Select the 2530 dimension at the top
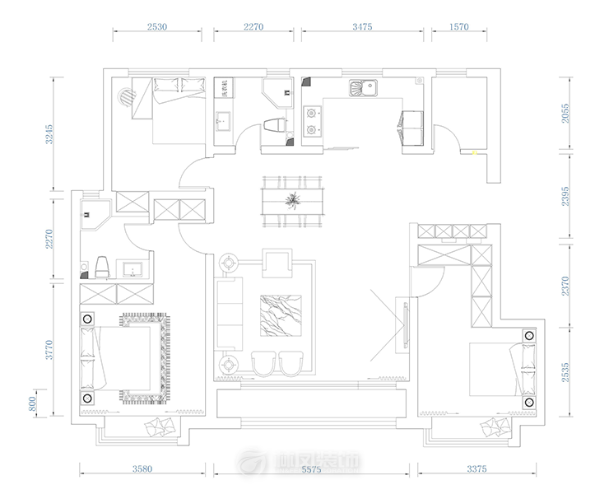pos(156,26)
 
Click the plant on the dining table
pos(292,200)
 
